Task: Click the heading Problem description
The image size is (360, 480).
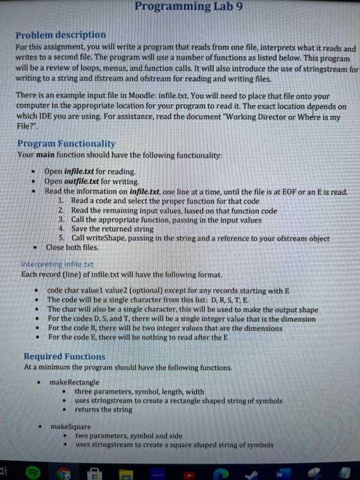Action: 61,34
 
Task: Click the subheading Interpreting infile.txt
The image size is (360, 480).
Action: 55,263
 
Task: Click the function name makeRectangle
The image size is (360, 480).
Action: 75,381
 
